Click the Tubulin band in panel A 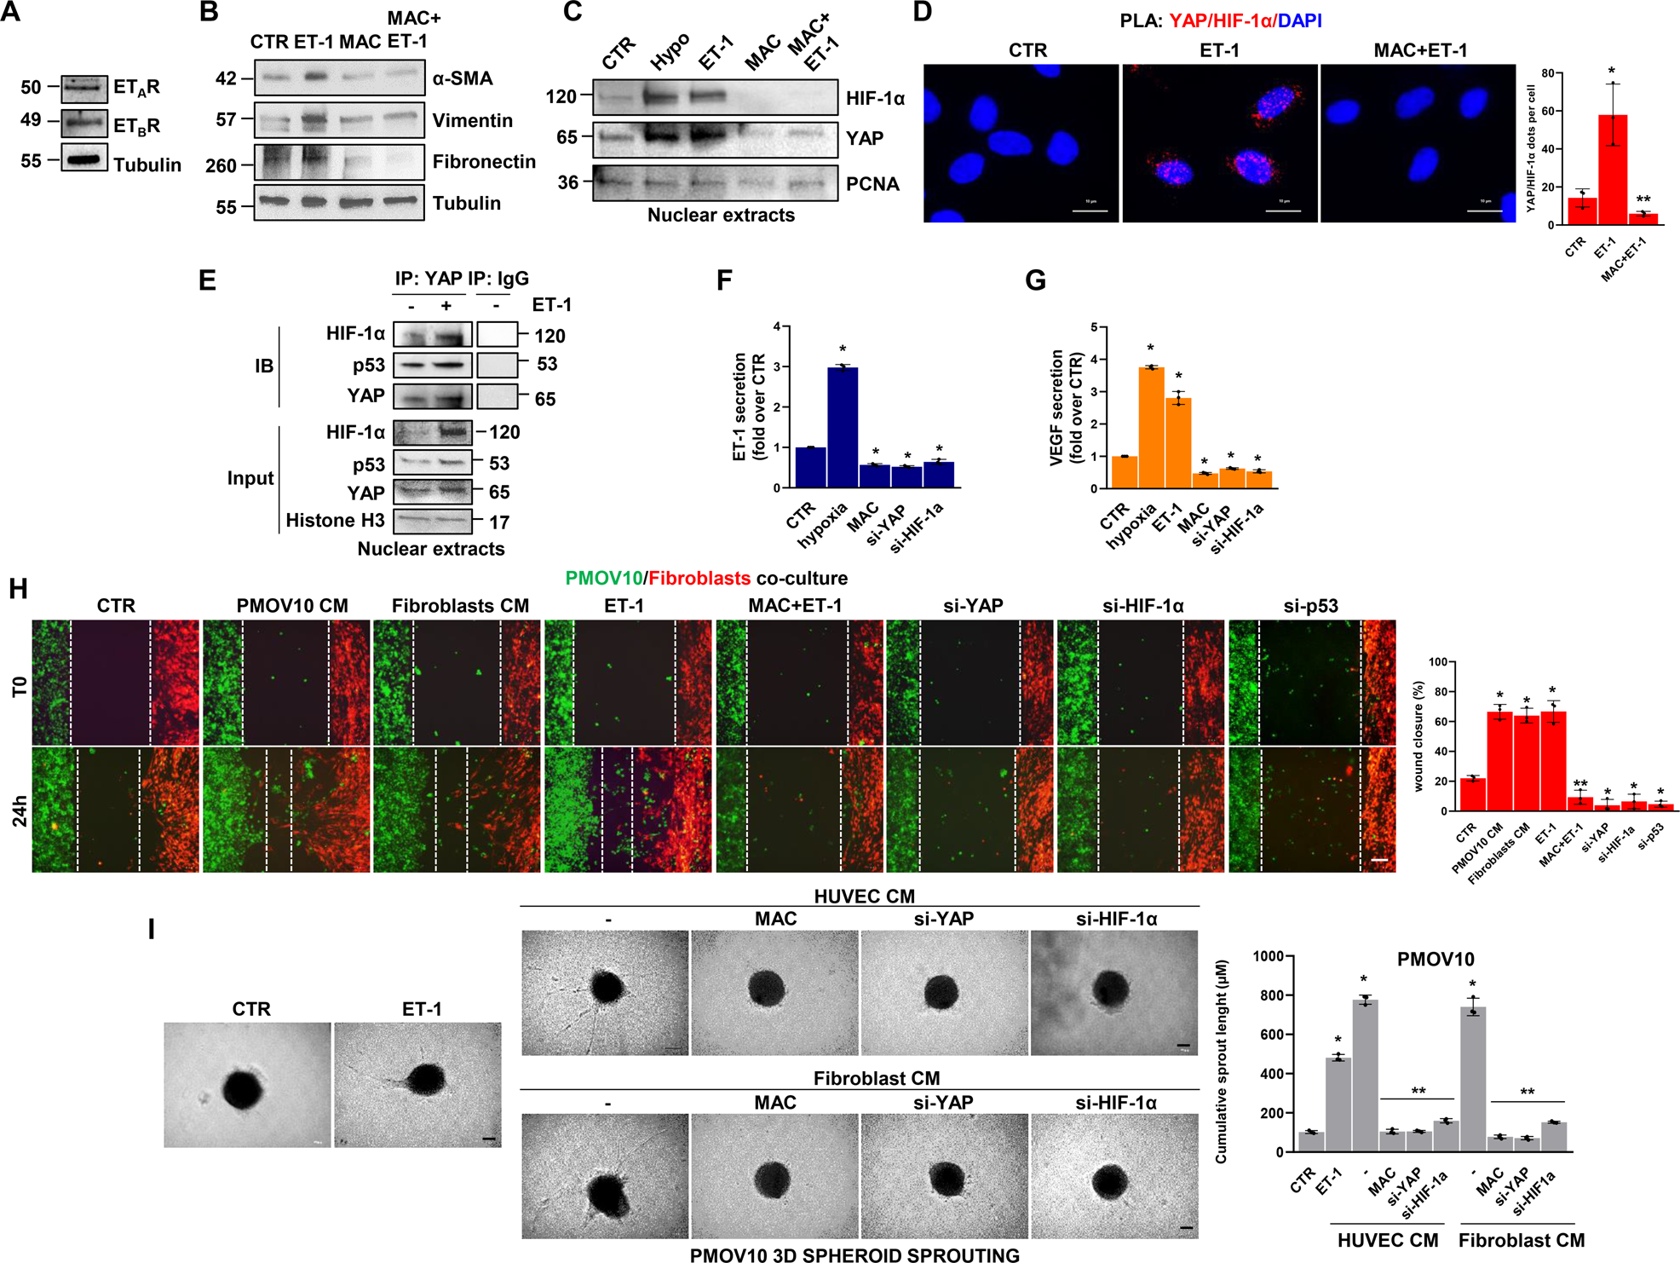pos(83,159)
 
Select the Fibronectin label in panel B pos(484,162)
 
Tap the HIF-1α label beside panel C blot pos(875,99)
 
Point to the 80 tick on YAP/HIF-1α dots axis pos(1547,73)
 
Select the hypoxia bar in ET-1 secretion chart pos(843,427)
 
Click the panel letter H pos(18,589)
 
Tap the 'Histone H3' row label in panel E pos(335,521)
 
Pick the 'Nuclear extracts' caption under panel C pos(721,215)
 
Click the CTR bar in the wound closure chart pos(1473,793)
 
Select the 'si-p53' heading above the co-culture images pos(1310,606)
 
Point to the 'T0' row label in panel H pos(20,686)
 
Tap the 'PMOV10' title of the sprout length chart pos(1435,960)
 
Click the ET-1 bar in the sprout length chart pos(1338,1104)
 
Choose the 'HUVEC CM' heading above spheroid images pos(864,897)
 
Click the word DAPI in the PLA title pos(1299,20)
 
